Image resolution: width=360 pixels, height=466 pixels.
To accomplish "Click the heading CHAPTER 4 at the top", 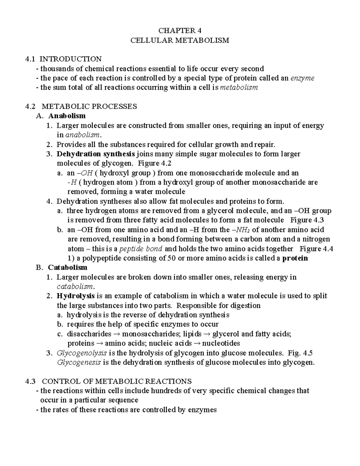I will click(x=180, y=31).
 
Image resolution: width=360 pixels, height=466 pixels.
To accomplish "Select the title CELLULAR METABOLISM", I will click(x=180, y=40).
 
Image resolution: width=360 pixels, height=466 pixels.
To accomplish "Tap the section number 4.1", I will click(x=31, y=59).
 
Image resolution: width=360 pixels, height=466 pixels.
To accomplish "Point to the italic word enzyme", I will click(x=303, y=78).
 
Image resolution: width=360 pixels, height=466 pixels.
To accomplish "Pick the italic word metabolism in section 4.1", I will click(x=239, y=88).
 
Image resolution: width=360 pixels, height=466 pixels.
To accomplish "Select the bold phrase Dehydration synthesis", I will click(x=96, y=154).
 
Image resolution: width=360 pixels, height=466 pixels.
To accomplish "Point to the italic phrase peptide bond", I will click(x=141, y=249).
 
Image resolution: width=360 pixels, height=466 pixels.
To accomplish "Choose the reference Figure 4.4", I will click(x=316, y=249).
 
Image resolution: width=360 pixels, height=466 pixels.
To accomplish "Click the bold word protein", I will click(x=295, y=258).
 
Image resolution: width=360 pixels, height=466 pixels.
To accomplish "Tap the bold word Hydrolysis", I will click(x=76, y=296).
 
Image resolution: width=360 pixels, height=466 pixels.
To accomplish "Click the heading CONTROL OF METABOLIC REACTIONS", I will click(x=116, y=381).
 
